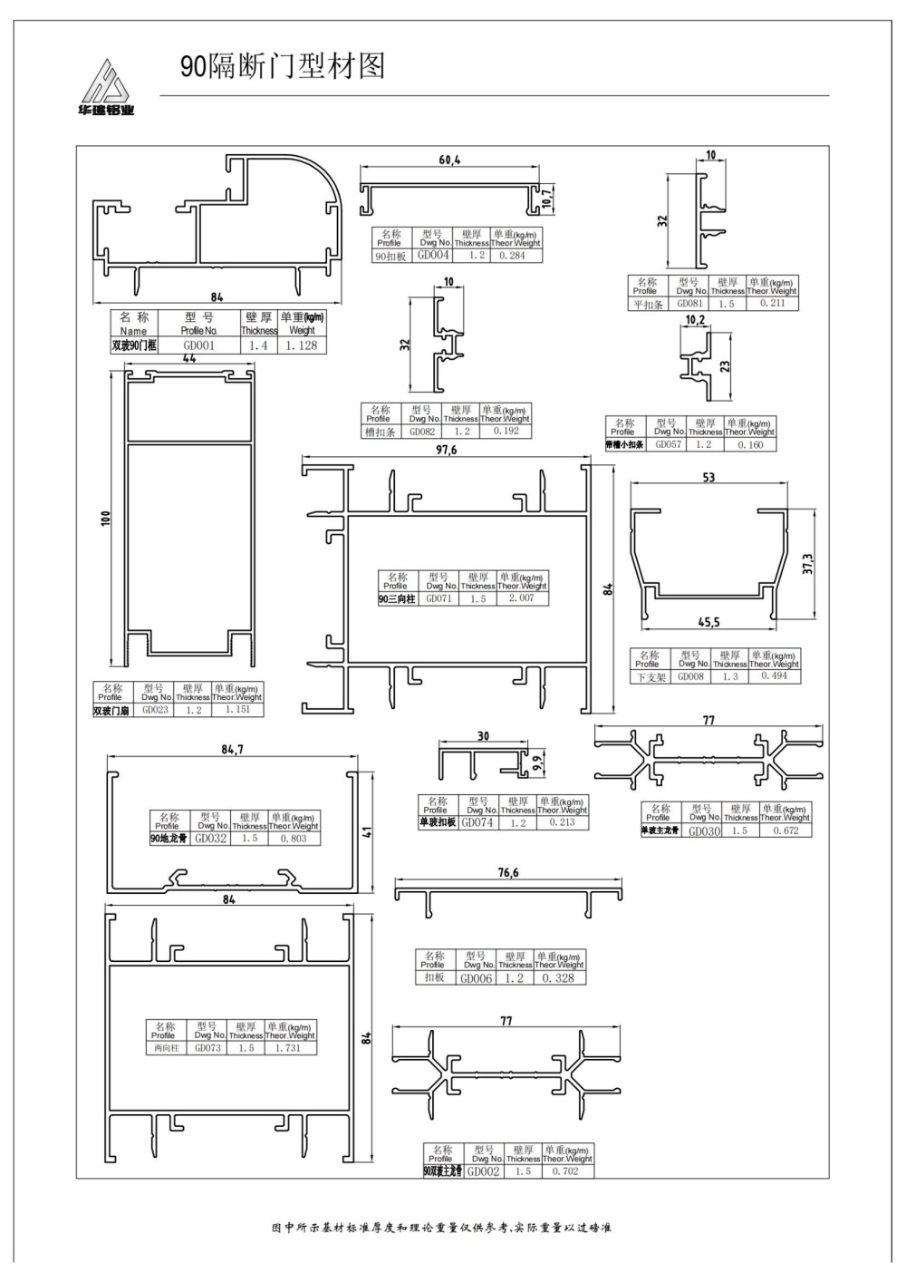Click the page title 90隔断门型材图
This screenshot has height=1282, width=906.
[x=283, y=66]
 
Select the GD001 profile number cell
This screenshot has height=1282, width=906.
[x=199, y=345]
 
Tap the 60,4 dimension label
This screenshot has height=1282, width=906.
[x=449, y=160]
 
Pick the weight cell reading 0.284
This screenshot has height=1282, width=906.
[x=515, y=256]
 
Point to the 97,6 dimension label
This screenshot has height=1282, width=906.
[x=447, y=450]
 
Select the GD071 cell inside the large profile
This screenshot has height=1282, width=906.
[x=439, y=598]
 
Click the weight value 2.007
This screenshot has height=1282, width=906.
[x=522, y=598]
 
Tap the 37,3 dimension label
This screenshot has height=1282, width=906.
[x=808, y=564]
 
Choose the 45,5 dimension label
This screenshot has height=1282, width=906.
[x=709, y=622]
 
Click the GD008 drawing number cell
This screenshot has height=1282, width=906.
[x=690, y=676]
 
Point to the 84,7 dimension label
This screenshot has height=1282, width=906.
[x=233, y=749]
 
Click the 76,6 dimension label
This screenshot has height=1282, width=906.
[x=508, y=873]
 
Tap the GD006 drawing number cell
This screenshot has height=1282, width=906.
[x=477, y=978]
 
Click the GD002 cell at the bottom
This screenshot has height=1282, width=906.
[x=484, y=1171]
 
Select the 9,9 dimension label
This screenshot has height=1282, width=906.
[x=537, y=763]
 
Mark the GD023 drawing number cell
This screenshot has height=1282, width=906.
[x=155, y=710]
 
